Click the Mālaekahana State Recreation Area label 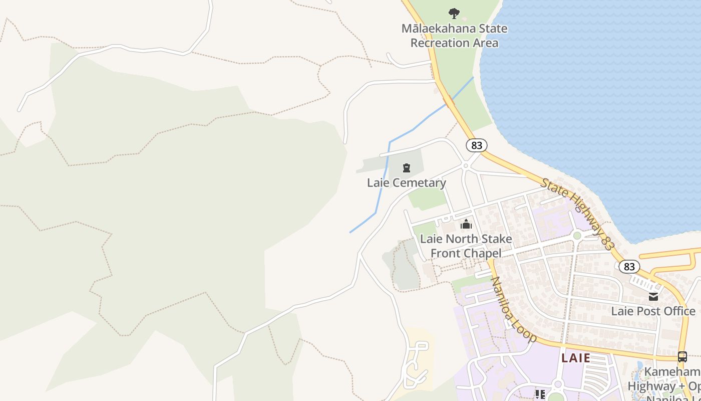(x=454, y=36)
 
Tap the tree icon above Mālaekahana (x=454, y=14)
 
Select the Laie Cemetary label (x=406, y=183)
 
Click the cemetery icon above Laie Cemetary (x=407, y=168)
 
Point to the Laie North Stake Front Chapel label (x=466, y=246)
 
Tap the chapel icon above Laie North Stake (x=466, y=224)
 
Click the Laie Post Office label (x=653, y=311)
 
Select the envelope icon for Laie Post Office (x=653, y=297)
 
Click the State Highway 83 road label (x=577, y=214)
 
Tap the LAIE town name (x=576, y=358)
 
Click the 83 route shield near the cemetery (x=477, y=145)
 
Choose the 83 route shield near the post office (x=629, y=267)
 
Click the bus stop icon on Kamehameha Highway (x=682, y=357)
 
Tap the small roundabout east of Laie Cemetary (x=466, y=165)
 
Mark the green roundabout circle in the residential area (x=577, y=235)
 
